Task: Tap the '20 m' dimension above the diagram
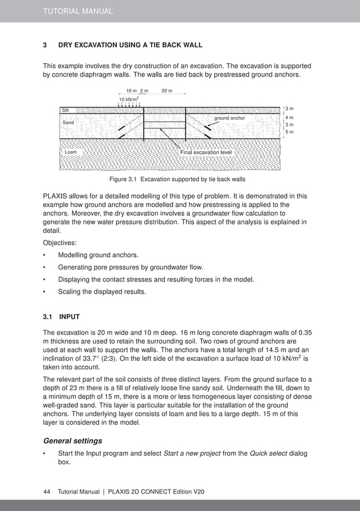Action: coord(167,91)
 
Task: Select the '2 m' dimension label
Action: coord(144,91)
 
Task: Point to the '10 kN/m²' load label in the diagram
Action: coord(129,99)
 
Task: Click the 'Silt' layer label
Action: coord(66,110)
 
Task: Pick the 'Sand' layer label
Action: coord(68,122)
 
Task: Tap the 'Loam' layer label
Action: coord(71,152)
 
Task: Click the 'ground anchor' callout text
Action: coord(230,118)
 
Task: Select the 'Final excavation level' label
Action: coord(205,152)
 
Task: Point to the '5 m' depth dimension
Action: coord(289,132)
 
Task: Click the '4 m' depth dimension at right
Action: coord(289,117)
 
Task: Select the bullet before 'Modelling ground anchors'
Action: coord(45,255)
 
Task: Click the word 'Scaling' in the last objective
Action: coord(69,292)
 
